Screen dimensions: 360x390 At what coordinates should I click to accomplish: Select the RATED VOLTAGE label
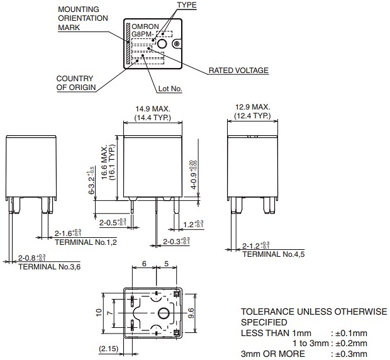click(238, 70)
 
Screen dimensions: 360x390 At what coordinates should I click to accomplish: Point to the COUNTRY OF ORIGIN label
click(76, 83)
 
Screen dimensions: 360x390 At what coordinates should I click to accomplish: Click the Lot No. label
click(169, 89)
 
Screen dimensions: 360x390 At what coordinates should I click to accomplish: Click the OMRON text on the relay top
click(144, 26)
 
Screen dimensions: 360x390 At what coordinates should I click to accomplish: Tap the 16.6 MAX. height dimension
click(104, 164)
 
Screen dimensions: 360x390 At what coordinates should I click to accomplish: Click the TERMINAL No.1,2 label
click(86, 242)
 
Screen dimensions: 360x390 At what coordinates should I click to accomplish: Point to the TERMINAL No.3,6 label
click(49, 267)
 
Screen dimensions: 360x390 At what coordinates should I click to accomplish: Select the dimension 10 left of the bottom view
click(98, 313)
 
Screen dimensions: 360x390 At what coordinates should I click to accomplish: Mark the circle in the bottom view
click(164, 313)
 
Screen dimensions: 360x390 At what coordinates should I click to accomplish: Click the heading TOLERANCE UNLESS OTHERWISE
click(314, 312)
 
